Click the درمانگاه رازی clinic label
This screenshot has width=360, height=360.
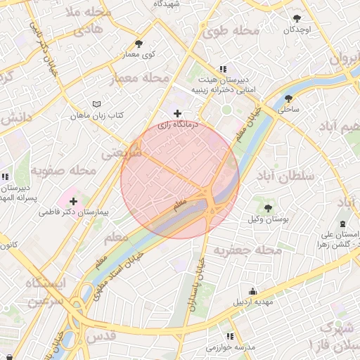coord(177,124)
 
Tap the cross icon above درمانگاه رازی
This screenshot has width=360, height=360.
coord(177,112)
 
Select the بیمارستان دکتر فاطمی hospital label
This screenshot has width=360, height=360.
coord(72,210)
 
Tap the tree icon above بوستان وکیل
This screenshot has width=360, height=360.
coord(268,207)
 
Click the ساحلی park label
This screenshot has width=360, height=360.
coord(288,109)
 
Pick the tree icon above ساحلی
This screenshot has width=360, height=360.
coord(288,98)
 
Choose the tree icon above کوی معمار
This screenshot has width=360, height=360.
coord(139,44)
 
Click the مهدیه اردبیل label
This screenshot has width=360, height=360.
coord(251,302)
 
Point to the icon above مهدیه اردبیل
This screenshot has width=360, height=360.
coord(252,291)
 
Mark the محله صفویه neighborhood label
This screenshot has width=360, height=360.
coord(63,170)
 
